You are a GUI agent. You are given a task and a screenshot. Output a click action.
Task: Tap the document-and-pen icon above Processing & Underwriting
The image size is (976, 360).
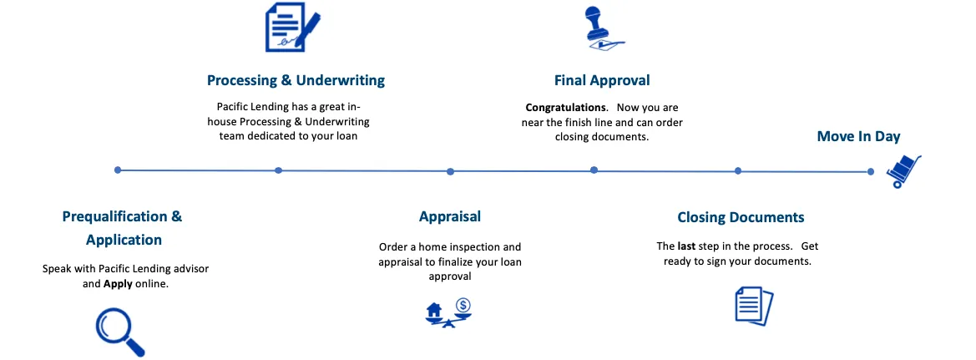point(292,28)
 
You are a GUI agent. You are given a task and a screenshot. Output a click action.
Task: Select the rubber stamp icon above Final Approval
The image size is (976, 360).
point(604,28)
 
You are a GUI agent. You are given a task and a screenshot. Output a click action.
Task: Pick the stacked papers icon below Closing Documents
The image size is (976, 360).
point(754,306)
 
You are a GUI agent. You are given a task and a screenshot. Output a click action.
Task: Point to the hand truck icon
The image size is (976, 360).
point(904,171)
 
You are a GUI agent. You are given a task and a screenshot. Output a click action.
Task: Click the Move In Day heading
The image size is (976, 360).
point(858,136)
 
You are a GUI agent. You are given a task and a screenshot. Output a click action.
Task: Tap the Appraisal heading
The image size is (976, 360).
point(449,216)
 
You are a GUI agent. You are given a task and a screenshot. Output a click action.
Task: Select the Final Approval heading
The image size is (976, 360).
point(602,80)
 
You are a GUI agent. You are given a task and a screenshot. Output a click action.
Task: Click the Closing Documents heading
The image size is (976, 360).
point(741,217)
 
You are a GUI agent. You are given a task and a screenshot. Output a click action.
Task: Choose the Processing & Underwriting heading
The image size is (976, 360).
point(296,80)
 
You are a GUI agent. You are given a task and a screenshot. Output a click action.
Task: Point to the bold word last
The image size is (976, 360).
point(685,246)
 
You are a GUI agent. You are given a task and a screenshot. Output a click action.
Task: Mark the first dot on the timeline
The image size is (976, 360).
point(118,170)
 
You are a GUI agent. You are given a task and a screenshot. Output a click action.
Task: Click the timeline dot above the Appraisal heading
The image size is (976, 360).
point(450,171)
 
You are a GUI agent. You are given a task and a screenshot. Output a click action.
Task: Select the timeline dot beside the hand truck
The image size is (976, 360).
point(870,171)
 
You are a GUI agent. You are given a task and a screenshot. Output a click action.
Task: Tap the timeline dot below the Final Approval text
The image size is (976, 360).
point(594,170)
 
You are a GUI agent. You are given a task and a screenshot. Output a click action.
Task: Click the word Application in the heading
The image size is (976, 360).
point(124,241)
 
